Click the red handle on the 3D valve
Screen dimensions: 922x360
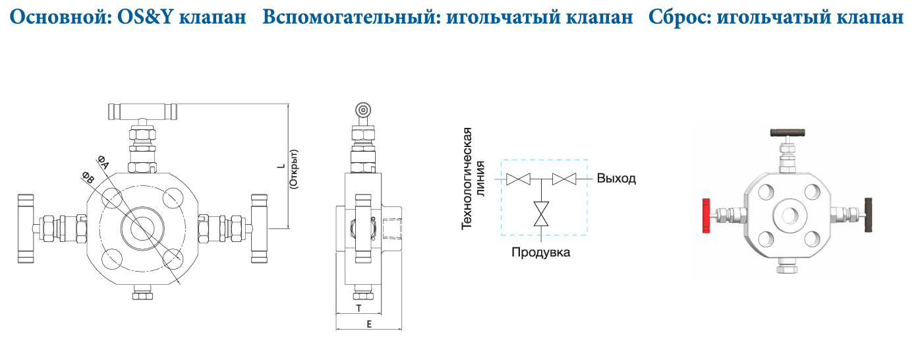(x=706, y=216)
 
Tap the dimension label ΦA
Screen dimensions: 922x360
(x=103, y=162)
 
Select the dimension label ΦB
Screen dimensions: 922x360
(x=88, y=177)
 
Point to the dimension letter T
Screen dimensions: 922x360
(x=359, y=308)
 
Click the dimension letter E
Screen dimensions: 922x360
(x=369, y=324)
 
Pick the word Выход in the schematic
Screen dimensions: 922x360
(x=616, y=179)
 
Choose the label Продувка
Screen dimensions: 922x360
(x=540, y=252)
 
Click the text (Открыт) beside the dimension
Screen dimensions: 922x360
(x=294, y=169)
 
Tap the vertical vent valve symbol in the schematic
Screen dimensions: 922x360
(x=541, y=214)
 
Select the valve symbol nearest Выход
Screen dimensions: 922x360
(x=564, y=179)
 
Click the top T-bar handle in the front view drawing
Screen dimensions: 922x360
(x=142, y=111)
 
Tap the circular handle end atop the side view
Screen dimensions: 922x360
(x=363, y=110)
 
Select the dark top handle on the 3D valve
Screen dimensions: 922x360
(x=787, y=133)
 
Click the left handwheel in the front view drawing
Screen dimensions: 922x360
(x=26, y=229)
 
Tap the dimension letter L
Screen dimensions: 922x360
(x=281, y=166)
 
